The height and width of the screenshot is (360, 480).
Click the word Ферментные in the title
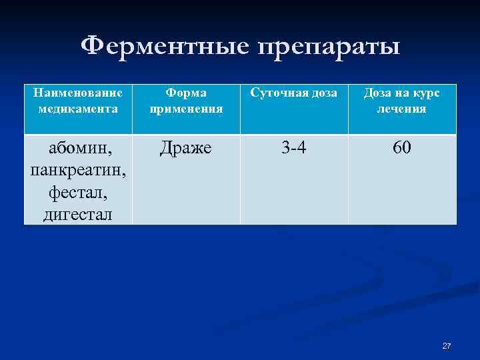[165, 46]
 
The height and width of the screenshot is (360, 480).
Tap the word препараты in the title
[328, 47]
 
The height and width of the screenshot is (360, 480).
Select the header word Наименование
[78, 94]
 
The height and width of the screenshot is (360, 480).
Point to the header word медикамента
[78, 109]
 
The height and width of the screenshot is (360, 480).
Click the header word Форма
[186, 94]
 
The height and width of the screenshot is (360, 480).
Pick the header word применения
[186, 109]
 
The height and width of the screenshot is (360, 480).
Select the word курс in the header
[427, 94]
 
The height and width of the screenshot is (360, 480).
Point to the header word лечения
[401, 109]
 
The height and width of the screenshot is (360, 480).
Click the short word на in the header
[403, 94]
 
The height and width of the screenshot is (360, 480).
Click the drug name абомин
[78, 148]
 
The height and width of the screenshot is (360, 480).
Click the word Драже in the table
[186, 148]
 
